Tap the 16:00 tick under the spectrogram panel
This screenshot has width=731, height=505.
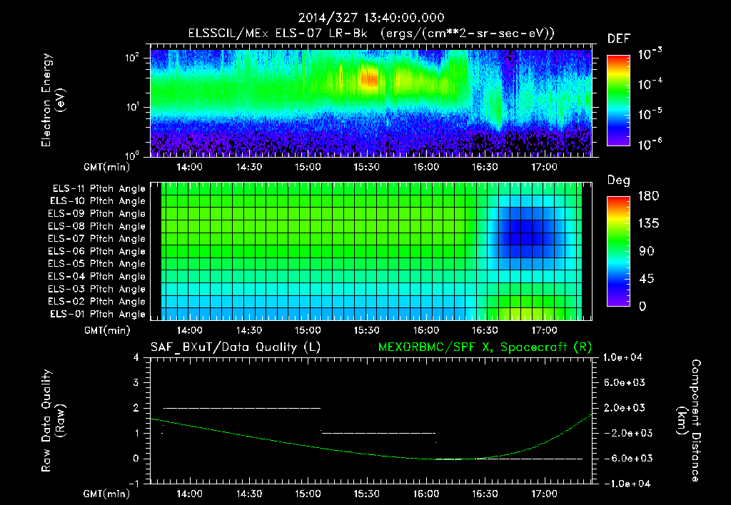click(425, 170)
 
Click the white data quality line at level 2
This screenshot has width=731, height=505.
click(243, 408)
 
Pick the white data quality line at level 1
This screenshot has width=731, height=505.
click(378, 433)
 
